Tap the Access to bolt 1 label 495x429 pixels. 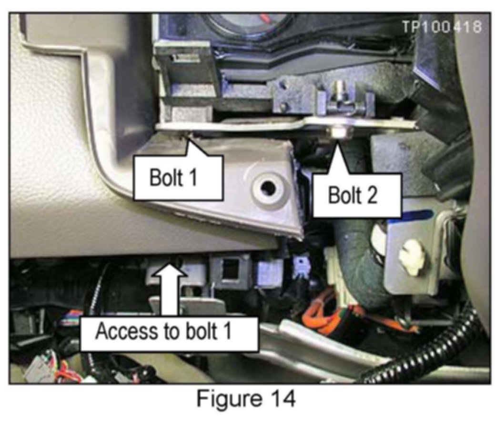pos(163,331)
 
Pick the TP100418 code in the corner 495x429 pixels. pos(441,27)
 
